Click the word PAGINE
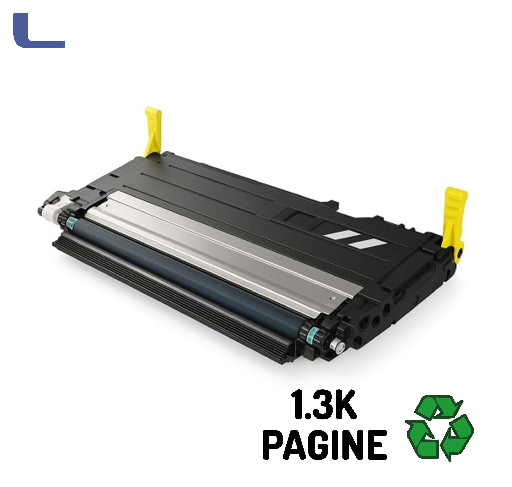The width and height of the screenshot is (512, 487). click(x=325, y=445)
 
